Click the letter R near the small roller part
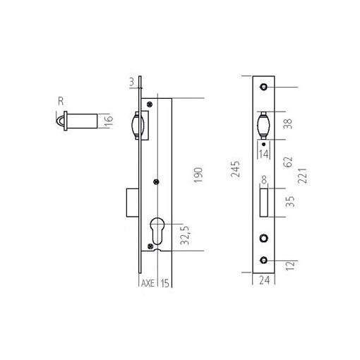point(61,101)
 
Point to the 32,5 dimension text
point(184,234)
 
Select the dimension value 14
point(263,152)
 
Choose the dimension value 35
point(287,204)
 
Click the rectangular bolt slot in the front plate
point(263,203)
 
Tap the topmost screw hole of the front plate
point(263,87)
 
